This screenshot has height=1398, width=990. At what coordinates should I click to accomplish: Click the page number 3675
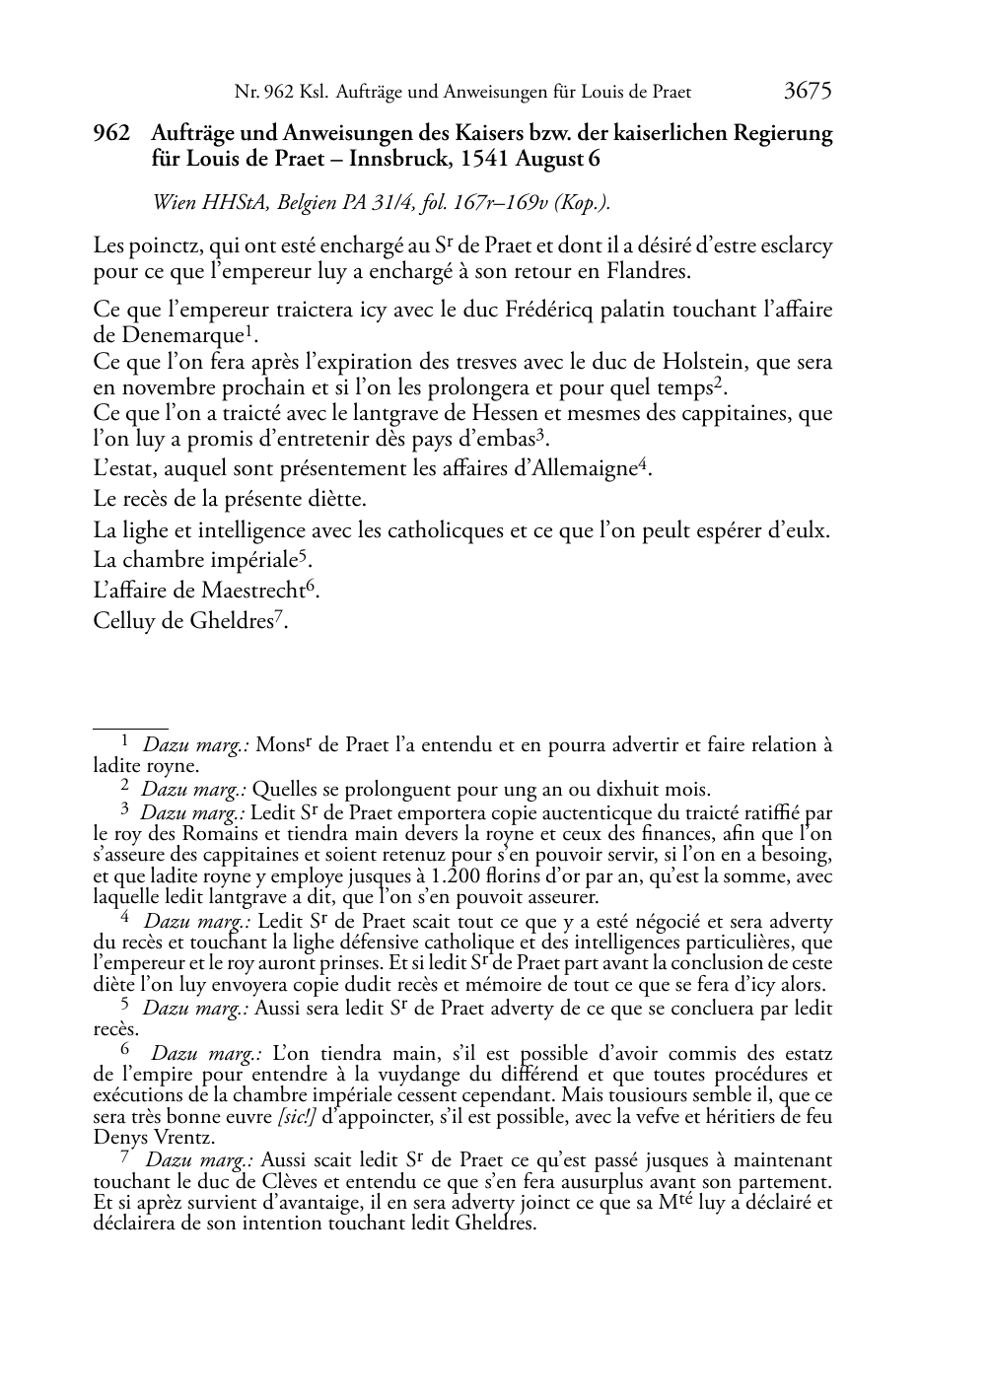coord(808,92)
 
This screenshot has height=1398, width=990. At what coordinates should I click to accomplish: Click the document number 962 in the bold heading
coord(111,133)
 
